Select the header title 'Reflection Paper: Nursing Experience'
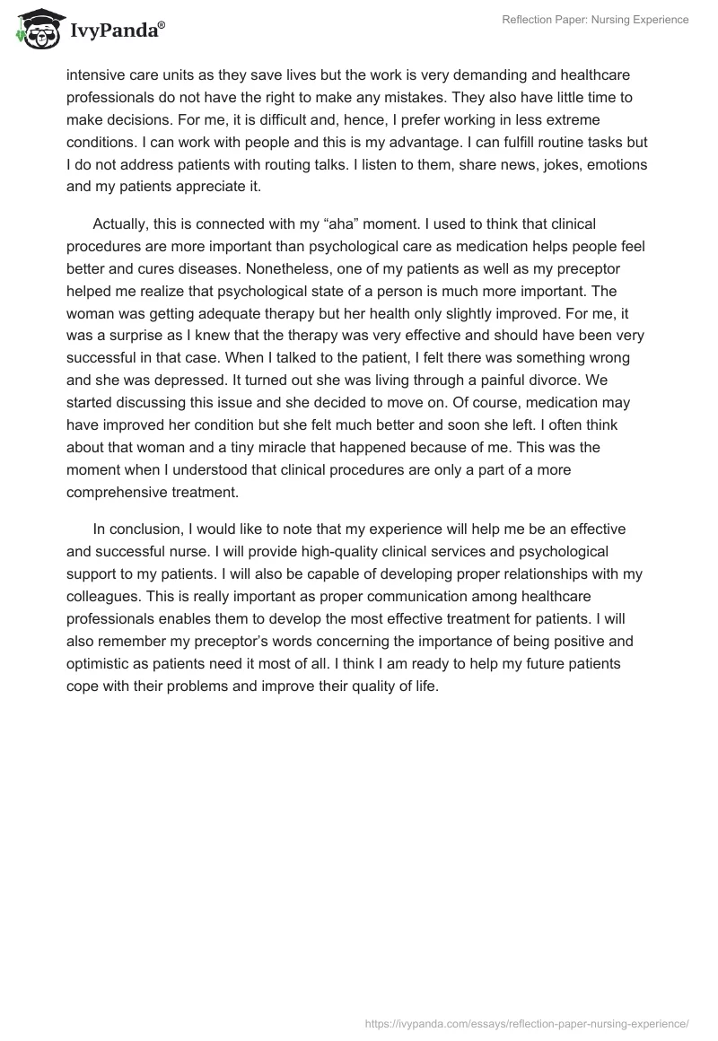tap(594, 20)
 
